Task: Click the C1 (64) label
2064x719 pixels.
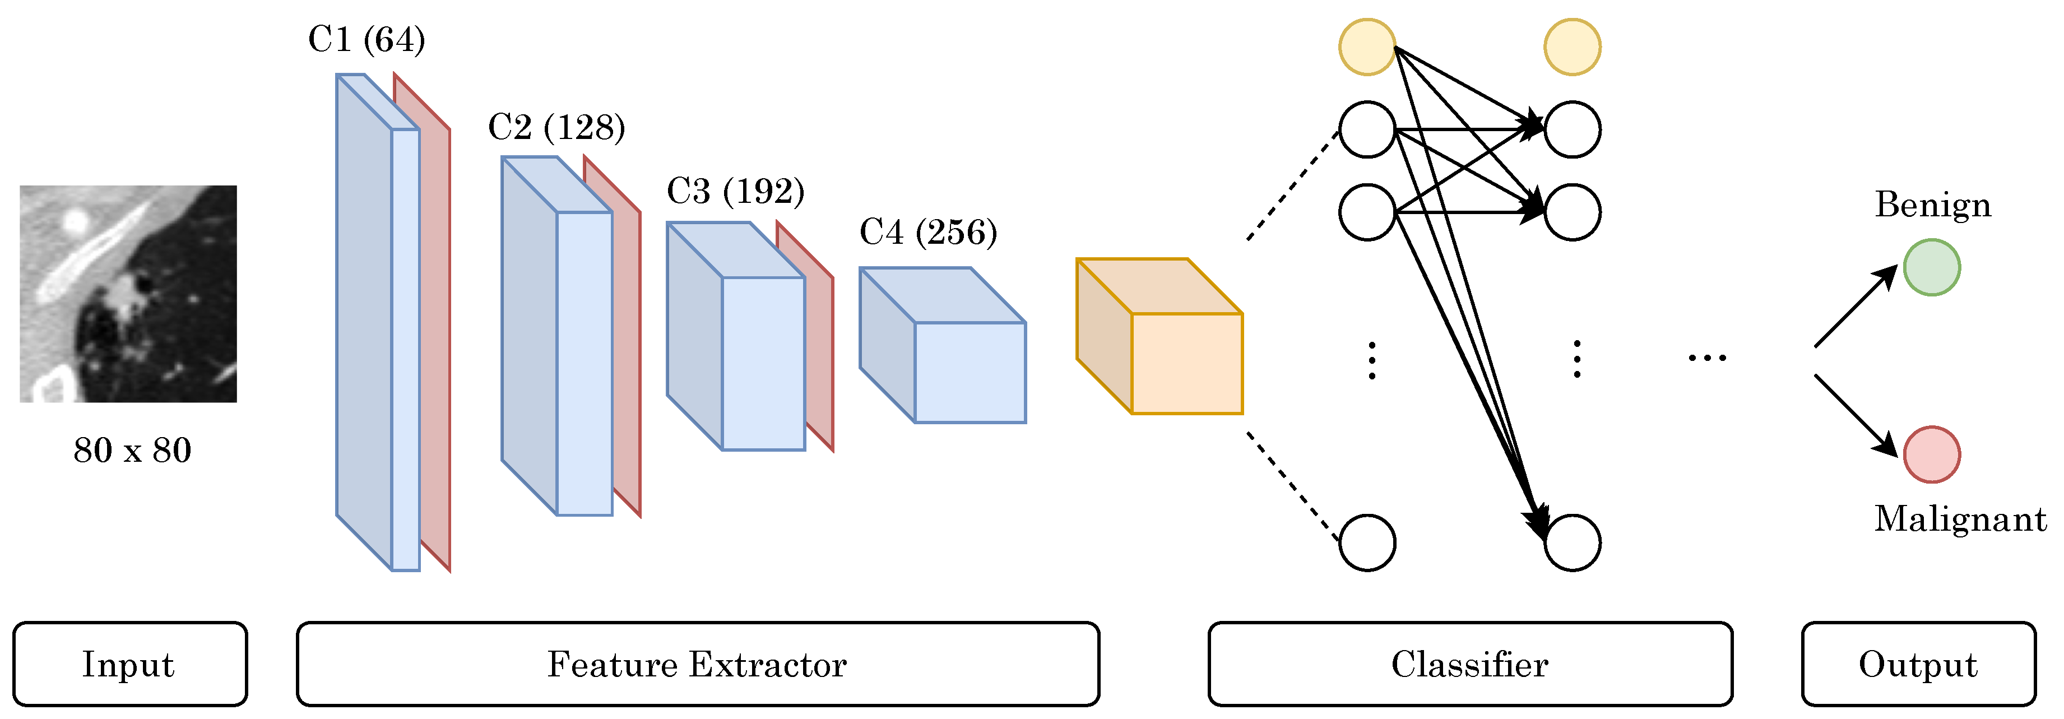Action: [x=366, y=40]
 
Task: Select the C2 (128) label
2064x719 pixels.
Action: [x=556, y=127]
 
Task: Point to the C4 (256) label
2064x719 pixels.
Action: [x=928, y=233]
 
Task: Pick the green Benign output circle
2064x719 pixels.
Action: [x=1931, y=268]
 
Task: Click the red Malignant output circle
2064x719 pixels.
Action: [x=1931, y=454]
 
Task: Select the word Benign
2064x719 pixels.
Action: [x=1932, y=205]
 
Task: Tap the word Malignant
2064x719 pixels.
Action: [x=1960, y=519]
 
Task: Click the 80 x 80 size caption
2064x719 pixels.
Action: [x=132, y=451]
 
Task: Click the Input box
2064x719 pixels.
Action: [x=130, y=664]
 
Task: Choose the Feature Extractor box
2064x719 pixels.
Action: [x=697, y=664]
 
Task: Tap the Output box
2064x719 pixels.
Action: [x=1918, y=664]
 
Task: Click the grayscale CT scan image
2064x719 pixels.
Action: [x=128, y=293]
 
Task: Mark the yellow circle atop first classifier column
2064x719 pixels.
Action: [x=1367, y=47]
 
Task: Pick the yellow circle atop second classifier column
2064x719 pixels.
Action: [x=1572, y=47]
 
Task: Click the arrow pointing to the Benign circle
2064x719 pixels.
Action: [x=1855, y=307]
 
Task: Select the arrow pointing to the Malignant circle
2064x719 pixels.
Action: [x=1855, y=414]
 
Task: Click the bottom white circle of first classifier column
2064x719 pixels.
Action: [x=1367, y=542]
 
